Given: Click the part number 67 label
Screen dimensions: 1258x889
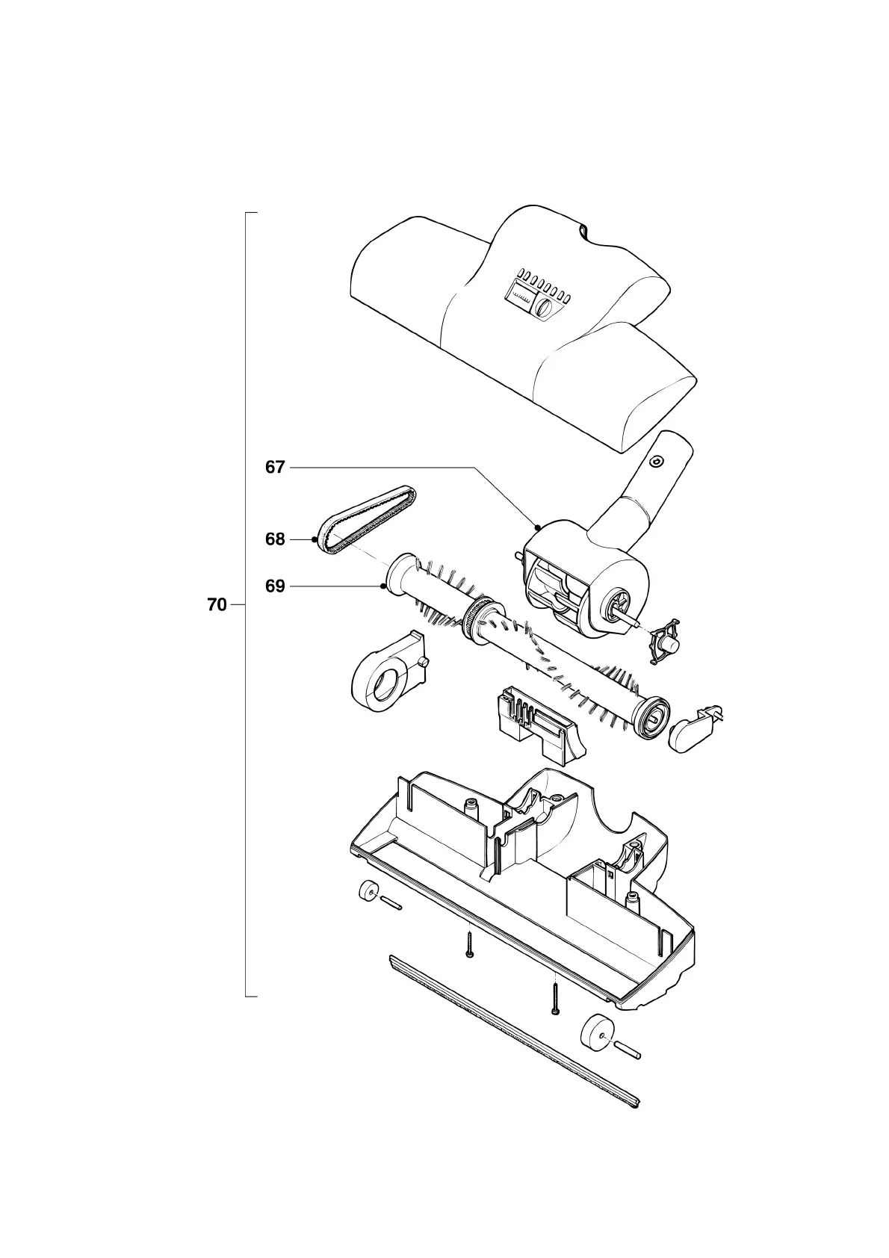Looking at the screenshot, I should [x=275, y=468].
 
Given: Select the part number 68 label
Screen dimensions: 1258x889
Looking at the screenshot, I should [x=275, y=539].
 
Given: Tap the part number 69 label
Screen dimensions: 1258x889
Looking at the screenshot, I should [x=275, y=586].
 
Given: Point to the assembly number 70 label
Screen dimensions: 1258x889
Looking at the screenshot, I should [x=217, y=605].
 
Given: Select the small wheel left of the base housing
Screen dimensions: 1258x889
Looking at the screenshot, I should [x=367, y=891].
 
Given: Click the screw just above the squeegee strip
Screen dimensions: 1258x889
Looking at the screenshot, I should [x=555, y=998].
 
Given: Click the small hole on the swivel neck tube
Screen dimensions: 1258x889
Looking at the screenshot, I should [x=656, y=461].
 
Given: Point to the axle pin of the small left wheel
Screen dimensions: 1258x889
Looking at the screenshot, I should [x=391, y=903].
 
